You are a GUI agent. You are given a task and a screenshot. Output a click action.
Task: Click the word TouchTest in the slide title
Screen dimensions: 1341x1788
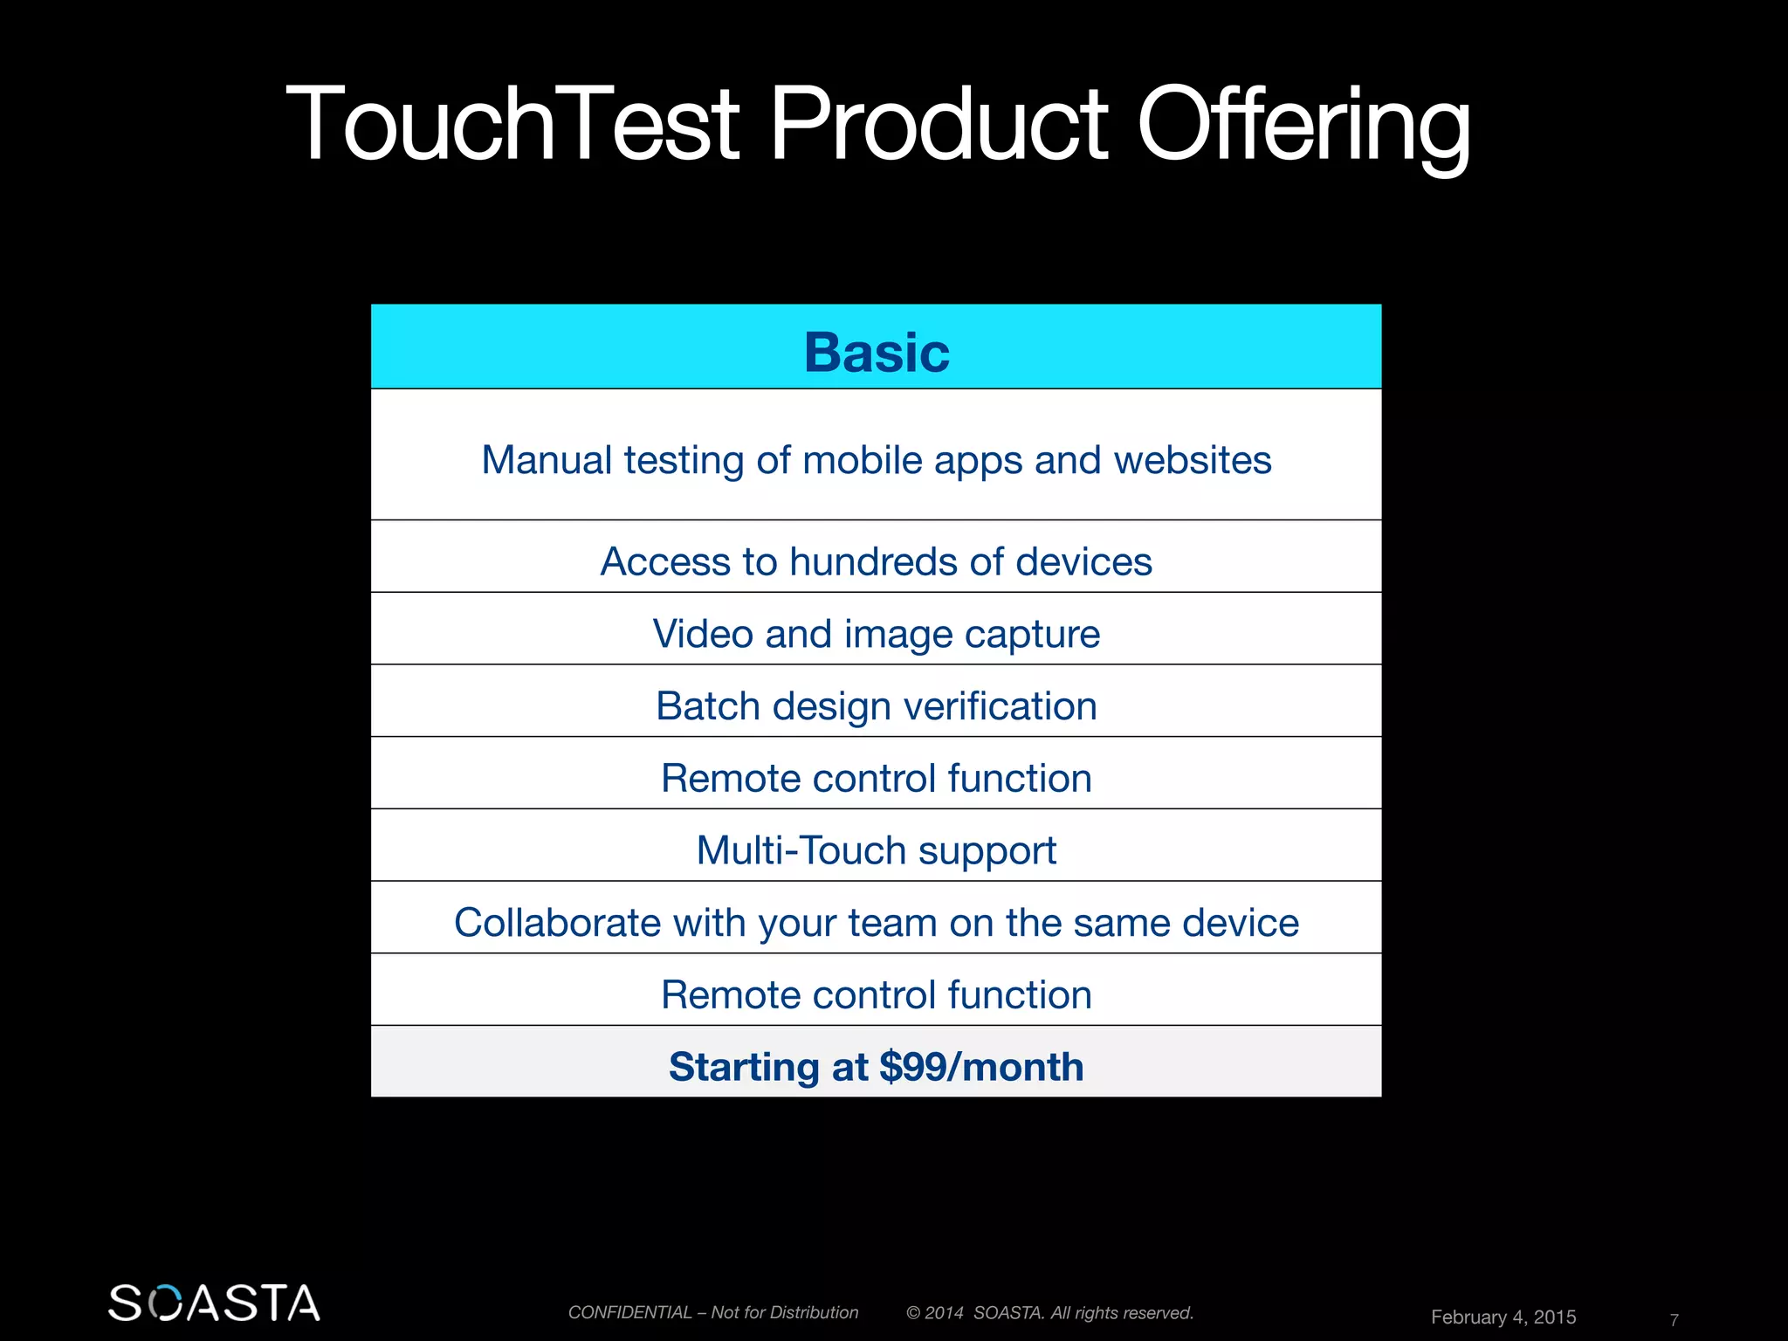click(x=512, y=124)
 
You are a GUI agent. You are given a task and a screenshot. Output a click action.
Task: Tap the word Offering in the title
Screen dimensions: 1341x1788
click(x=1303, y=124)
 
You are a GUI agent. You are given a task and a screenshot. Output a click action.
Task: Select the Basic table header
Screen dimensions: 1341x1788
click(x=877, y=352)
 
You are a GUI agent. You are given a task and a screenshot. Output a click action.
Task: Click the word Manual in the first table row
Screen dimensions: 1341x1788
click(x=547, y=460)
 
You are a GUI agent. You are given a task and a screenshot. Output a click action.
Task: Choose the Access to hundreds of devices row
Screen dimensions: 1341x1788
click(x=877, y=561)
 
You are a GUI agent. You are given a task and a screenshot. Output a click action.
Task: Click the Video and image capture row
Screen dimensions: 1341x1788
click(x=877, y=634)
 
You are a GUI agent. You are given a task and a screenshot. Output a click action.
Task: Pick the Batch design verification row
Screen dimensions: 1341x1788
click(x=877, y=706)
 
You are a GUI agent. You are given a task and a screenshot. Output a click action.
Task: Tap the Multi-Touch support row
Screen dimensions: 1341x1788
click(x=877, y=850)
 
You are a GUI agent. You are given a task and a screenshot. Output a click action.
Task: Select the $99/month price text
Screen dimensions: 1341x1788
click(x=981, y=1067)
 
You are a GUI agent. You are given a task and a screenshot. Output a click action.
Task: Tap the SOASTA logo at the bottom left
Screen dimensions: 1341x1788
click(x=214, y=1303)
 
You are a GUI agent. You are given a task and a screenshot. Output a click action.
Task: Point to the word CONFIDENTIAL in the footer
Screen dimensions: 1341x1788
click(x=629, y=1312)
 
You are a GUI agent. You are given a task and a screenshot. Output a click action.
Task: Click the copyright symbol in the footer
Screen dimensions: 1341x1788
click(x=913, y=1313)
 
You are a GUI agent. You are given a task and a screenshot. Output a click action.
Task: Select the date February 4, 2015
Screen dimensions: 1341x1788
click(x=1503, y=1317)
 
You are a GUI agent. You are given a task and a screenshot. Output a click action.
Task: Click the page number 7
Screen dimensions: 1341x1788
click(x=1674, y=1319)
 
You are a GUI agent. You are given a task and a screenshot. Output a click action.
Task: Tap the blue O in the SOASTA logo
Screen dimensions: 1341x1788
click(x=167, y=1303)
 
